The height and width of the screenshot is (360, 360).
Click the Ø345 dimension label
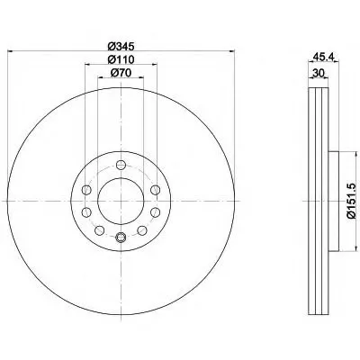121,47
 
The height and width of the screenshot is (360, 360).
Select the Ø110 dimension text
121,59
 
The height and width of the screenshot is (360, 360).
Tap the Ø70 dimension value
121,73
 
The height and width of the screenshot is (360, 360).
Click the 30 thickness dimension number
318,73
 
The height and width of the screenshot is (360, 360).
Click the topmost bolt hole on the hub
121,165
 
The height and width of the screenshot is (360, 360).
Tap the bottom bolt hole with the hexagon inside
121,237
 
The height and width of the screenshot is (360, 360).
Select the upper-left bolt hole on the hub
86,190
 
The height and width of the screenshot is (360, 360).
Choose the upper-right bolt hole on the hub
155,190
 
